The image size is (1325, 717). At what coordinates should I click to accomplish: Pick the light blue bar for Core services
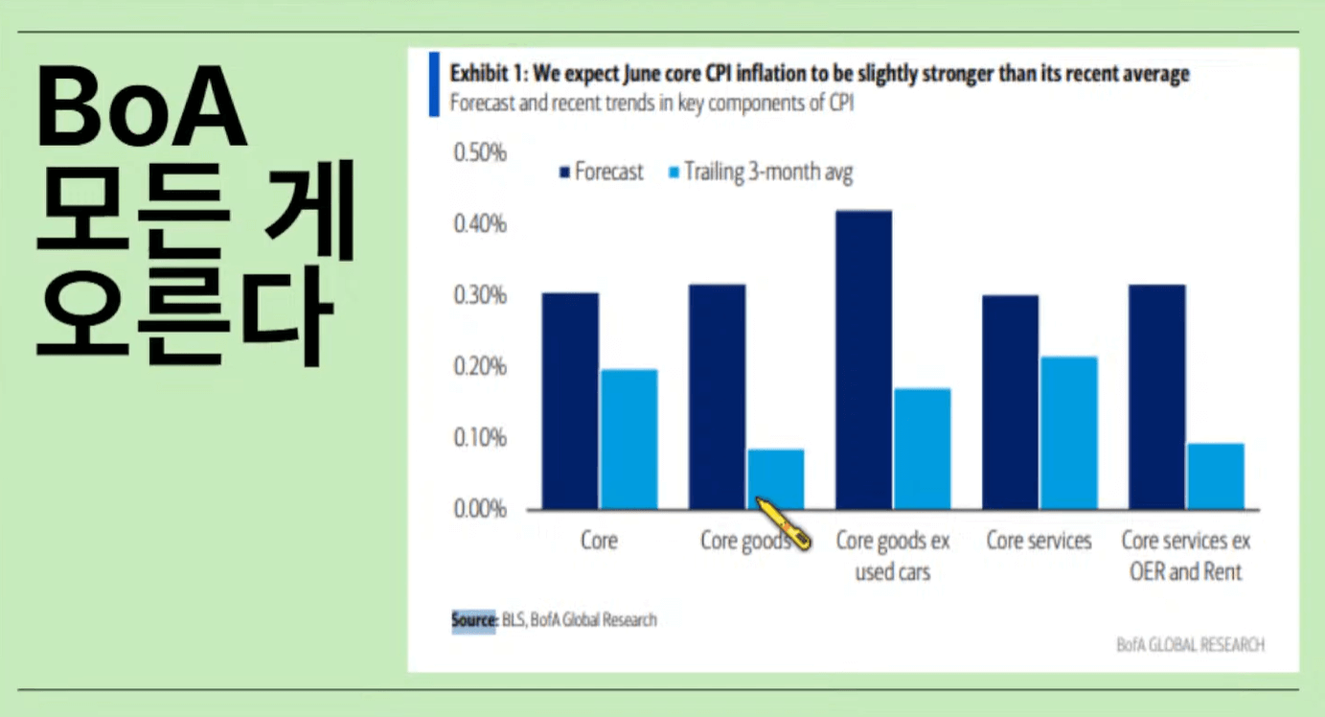1069,432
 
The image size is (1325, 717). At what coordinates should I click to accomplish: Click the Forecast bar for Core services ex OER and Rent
1157,397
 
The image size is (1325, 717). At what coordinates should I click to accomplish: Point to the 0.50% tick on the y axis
478,153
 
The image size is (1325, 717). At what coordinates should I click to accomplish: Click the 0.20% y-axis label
478,367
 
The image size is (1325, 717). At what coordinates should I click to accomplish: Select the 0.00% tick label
478,509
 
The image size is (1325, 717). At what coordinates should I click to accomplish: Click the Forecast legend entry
601,173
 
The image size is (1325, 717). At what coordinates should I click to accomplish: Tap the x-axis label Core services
1039,542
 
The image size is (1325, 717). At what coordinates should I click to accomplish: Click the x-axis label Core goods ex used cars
893,556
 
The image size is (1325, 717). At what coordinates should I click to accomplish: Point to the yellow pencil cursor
785,523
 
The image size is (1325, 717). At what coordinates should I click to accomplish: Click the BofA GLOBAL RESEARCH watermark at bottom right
1190,645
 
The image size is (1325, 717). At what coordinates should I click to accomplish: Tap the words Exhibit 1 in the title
487,74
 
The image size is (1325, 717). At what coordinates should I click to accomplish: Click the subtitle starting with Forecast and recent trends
651,104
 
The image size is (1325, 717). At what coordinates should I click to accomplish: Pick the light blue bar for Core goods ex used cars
922,449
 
